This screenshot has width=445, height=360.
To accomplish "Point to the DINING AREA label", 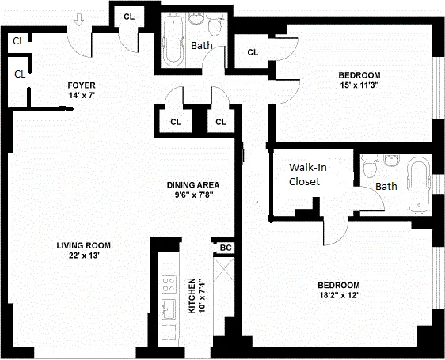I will pos(188,184).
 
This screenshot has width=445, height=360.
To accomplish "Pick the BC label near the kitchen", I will pos(225,248).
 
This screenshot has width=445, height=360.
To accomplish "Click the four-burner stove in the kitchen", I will pos(169,281).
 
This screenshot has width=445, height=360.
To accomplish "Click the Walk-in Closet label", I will pos(304,174).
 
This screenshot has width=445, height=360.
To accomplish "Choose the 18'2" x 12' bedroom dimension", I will pos(338,297).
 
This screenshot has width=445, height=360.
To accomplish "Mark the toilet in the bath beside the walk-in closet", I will pos(368,167).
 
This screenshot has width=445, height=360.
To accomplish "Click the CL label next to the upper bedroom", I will pos(253,52).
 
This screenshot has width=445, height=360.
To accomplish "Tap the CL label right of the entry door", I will pos(129,17).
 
